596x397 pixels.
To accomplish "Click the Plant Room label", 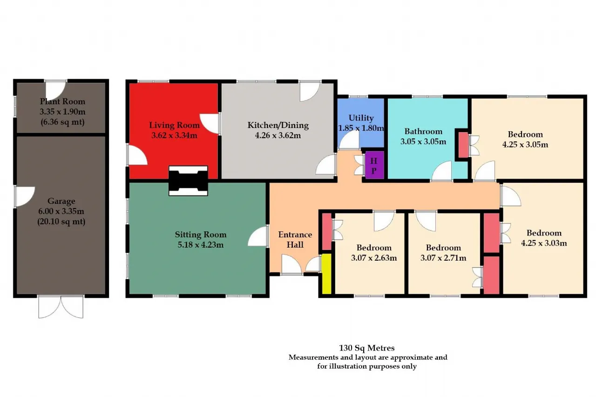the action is click(x=62, y=101).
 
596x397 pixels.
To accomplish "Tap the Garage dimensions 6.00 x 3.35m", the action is click(x=61, y=211).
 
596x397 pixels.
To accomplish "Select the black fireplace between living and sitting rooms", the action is click(x=188, y=181).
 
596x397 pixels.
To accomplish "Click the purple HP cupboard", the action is click(x=374, y=165).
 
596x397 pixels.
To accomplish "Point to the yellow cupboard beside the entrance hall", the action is click(x=326, y=274).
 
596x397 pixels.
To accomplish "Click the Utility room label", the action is click(x=361, y=118).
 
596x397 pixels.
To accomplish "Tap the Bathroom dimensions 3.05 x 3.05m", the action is click(x=423, y=141).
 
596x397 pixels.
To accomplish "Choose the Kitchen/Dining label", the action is click(x=278, y=125).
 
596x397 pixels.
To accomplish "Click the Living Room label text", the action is click(x=174, y=125).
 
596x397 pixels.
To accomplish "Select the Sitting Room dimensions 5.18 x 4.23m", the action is click(x=201, y=245).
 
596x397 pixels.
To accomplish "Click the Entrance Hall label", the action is click(x=295, y=239).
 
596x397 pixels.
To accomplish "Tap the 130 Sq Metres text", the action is click(x=367, y=348).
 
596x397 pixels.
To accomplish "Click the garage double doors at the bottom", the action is click(x=61, y=307).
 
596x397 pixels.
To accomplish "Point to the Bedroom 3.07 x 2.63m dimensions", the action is click(x=374, y=258).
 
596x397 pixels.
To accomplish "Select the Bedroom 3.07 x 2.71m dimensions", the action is click(x=443, y=258).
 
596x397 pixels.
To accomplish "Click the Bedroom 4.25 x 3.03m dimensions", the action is click(x=544, y=243).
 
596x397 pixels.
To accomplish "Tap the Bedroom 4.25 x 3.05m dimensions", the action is click(x=525, y=144).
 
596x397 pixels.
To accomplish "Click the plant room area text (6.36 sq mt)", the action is click(x=62, y=122).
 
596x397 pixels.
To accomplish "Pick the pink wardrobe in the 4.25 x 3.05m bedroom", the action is click(x=463, y=145).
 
